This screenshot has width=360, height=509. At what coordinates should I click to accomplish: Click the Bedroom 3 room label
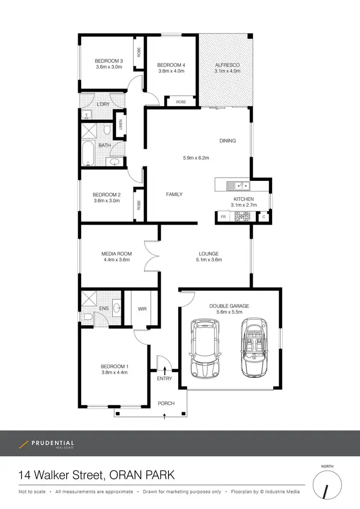tap(109, 61)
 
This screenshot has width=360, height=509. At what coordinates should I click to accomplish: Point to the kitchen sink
tap(238, 185)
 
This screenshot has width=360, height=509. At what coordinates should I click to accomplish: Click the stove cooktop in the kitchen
tap(241, 217)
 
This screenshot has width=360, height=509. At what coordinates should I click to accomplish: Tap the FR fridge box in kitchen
tap(223, 217)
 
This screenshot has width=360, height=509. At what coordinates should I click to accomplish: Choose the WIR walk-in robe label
tap(142, 309)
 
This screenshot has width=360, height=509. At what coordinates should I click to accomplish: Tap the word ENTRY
tap(164, 379)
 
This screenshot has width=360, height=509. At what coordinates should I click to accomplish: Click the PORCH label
tap(166, 403)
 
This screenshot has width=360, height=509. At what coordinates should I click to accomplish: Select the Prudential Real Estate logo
tap(46, 444)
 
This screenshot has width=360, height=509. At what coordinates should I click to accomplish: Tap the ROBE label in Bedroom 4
tap(181, 102)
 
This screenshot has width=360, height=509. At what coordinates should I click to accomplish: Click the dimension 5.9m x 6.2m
tap(195, 157)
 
